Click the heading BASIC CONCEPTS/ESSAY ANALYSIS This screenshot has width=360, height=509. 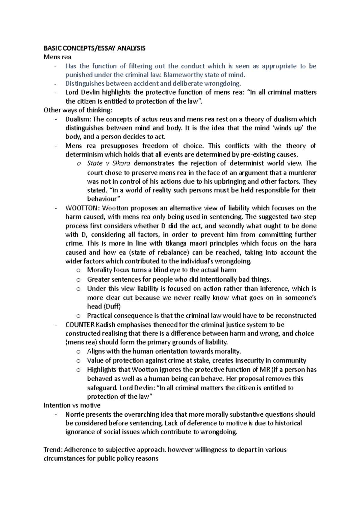(94, 48)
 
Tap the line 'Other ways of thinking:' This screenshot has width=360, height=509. (78, 110)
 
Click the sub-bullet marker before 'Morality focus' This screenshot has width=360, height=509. (79, 270)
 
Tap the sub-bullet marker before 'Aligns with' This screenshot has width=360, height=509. (79, 352)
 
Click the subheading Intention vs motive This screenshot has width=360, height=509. (72, 405)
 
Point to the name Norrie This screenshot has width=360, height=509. (75, 414)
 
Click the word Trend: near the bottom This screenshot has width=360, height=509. (53, 450)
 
